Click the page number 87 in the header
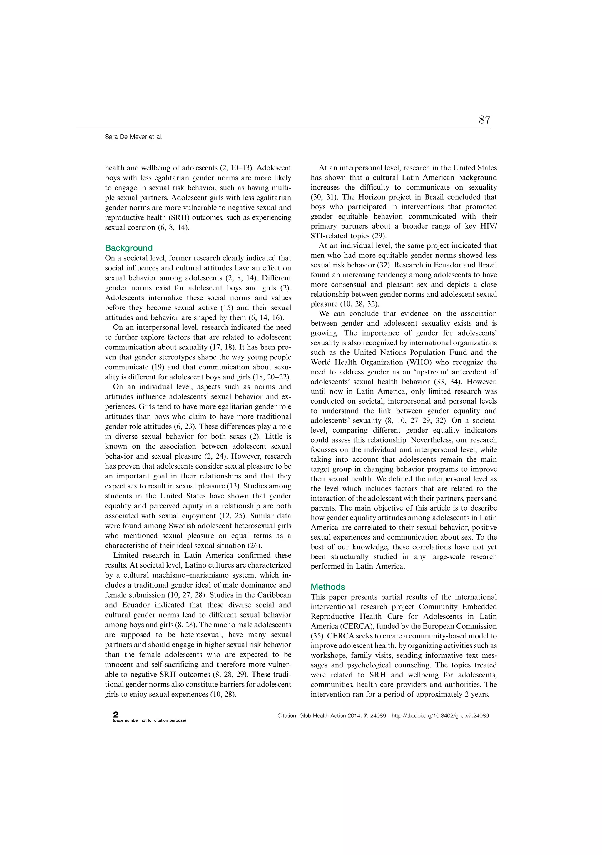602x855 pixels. pyautogui.click(x=484, y=120)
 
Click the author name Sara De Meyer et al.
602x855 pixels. pyautogui.click(x=133, y=137)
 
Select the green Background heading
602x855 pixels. pyautogui.click(x=128, y=248)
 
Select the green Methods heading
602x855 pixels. pyautogui.click(x=327, y=587)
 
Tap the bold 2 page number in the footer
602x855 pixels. pyautogui.click(x=116, y=714)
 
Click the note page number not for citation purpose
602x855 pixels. pyautogui.click(x=149, y=720)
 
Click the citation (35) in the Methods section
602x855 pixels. pyautogui.click(x=318, y=636)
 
